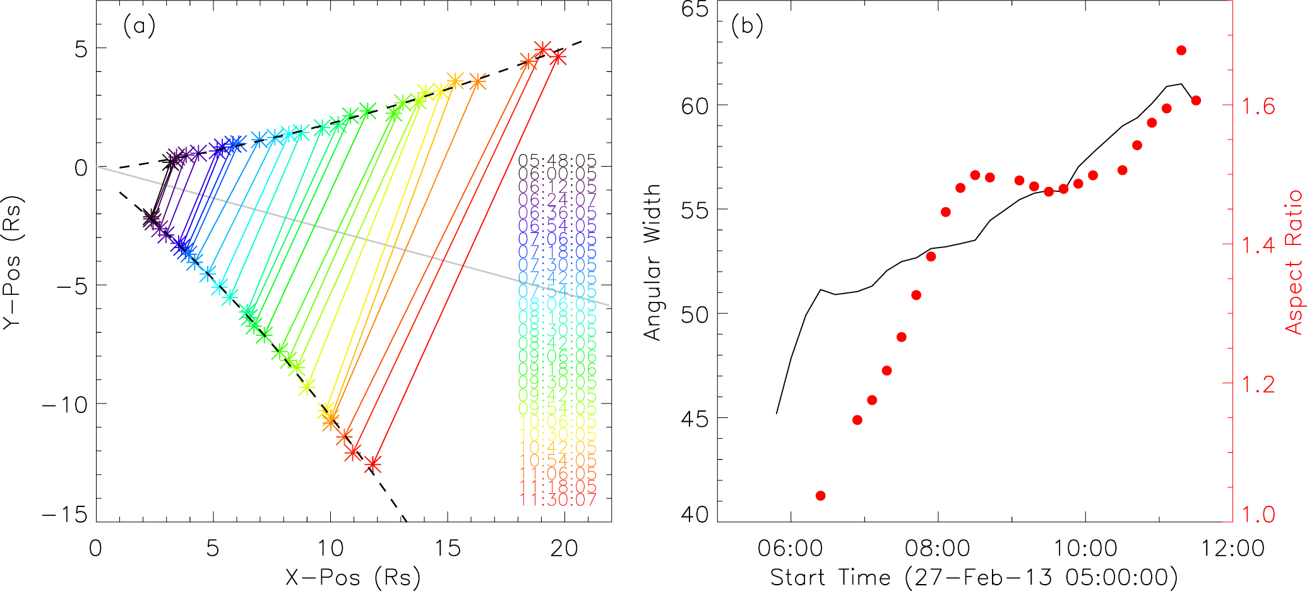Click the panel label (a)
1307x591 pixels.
139,26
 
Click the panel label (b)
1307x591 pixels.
747,26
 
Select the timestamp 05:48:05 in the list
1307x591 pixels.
557,161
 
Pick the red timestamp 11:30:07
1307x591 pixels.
558,499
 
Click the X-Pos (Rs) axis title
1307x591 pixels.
353,578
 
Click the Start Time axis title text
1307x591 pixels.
974,578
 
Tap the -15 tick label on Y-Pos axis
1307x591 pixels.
64,515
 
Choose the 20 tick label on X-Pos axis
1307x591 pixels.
564,548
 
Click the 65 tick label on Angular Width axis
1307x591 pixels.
695,9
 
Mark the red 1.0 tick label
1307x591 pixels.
1258,515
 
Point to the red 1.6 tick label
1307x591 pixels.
1258,106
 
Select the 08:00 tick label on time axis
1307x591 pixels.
938,548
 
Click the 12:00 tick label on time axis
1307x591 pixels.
1232,548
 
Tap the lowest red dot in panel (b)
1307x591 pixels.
820,496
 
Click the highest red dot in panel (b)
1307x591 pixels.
1181,51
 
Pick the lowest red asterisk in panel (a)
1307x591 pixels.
373,465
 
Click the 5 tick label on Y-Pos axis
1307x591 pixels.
81,49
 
